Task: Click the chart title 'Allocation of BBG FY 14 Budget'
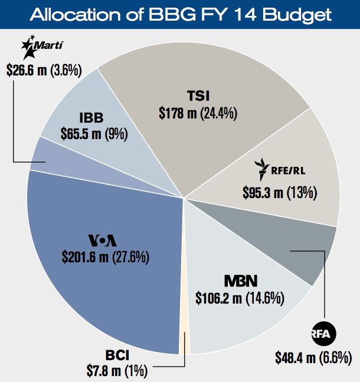click(180, 14)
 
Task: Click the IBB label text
click(94, 116)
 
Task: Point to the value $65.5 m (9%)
click(94, 133)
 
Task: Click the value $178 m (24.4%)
click(198, 113)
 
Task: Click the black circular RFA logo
click(323, 334)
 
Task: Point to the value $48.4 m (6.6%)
click(313, 357)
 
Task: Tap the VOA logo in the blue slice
click(103, 241)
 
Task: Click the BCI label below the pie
click(117, 355)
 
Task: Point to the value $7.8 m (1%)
click(117, 371)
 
